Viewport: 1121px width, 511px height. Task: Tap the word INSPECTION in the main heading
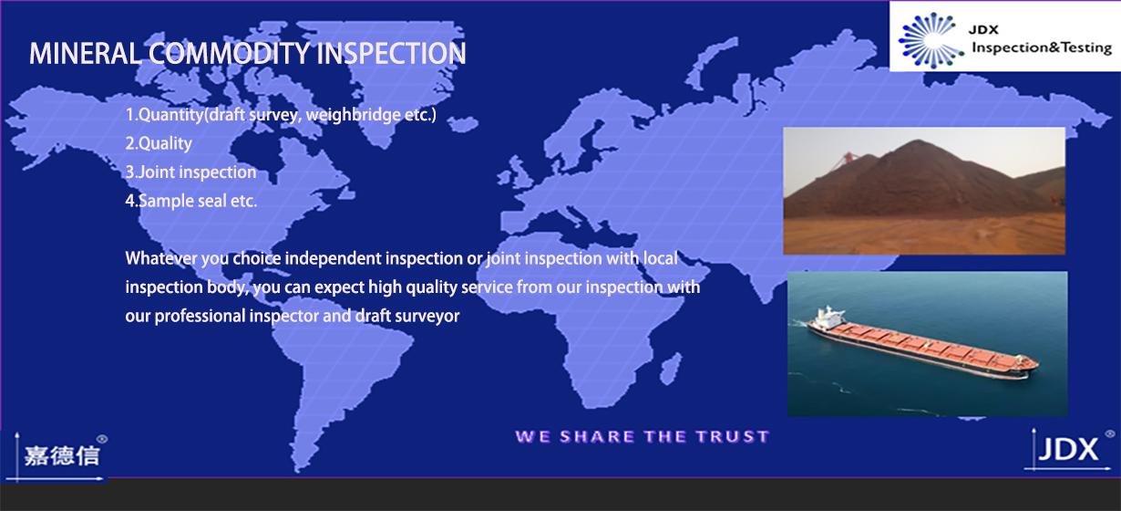[x=391, y=54]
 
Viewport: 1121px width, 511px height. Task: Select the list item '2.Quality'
[x=159, y=144]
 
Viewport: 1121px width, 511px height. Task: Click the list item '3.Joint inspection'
[x=190, y=172]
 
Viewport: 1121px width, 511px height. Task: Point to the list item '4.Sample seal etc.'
[x=191, y=201]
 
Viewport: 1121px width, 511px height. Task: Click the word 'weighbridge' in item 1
[x=353, y=115]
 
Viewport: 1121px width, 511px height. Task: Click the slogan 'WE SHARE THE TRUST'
[x=643, y=437]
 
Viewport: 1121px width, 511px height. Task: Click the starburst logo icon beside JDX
[x=931, y=40]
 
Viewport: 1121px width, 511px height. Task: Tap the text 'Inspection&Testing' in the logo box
[x=1042, y=47]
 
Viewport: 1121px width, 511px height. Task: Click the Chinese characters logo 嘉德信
[x=62, y=456]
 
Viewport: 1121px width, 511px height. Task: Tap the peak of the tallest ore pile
[x=918, y=141]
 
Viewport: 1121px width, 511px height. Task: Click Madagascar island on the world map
[x=671, y=369]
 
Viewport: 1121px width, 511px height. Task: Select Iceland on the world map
[x=462, y=124]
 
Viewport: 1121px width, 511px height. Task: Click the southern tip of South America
[x=299, y=470]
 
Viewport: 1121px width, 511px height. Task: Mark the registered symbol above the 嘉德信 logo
[x=102, y=439]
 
